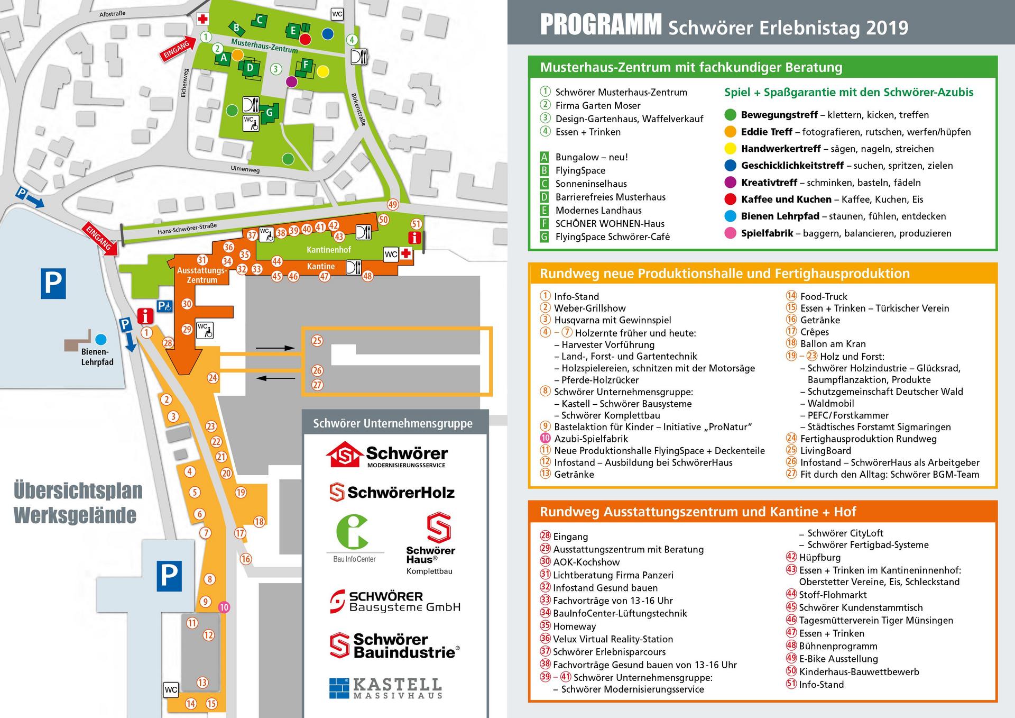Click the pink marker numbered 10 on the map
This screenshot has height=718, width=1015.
pyautogui.click(x=224, y=607)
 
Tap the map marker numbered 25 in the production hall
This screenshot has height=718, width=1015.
pyautogui.click(x=317, y=341)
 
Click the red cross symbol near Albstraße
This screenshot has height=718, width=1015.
pyautogui.click(x=202, y=19)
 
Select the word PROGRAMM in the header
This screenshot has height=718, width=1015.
pyautogui.click(x=601, y=25)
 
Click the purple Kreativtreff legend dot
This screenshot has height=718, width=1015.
pyautogui.click(x=730, y=183)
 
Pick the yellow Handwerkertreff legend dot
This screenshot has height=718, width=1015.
pyautogui.click(x=730, y=149)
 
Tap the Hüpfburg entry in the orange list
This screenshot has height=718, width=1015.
pyautogui.click(x=819, y=557)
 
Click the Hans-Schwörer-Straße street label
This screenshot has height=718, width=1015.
pyautogui.click(x=187, y=229)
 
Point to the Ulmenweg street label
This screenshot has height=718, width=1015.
pyautogui.click(x=245, y=170)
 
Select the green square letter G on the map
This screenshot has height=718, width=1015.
pyautogui.click(x=269, y=112)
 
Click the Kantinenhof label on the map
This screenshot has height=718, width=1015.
pyautogui.click(x=329, y=250)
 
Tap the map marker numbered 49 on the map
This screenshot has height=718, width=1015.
pyautogui.click(x=392, y=205)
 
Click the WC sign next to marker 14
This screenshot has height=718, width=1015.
pyautogui.click(x=171, y=689)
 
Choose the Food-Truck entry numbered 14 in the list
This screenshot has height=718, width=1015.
pyautogui.click(x=823, y=297)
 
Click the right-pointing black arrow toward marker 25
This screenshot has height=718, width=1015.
pyautogui.click(x=275, y=348)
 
